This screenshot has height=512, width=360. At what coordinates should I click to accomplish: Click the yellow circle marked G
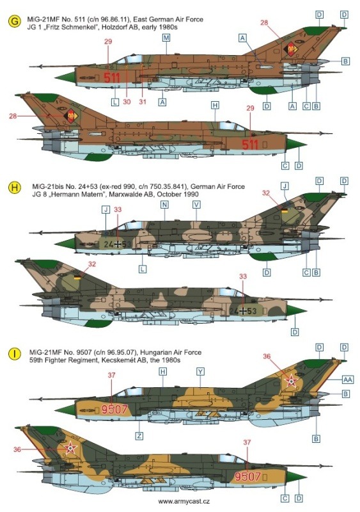14,22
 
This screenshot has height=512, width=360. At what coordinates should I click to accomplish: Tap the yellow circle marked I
15,354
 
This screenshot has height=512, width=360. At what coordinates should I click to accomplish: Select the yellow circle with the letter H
15,188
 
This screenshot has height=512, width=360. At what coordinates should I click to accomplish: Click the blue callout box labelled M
166,38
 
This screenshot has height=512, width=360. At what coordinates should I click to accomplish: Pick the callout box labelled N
164,205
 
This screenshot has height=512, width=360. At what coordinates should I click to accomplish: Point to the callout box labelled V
196,205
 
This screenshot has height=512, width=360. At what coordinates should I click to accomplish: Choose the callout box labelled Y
200,372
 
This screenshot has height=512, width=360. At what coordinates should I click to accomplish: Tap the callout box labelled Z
139,436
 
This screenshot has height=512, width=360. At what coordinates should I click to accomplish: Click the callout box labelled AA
348,380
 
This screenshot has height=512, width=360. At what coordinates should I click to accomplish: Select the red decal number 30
127,102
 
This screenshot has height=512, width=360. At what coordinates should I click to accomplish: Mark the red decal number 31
143,102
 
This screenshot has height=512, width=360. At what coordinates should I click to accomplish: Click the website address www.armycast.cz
184,502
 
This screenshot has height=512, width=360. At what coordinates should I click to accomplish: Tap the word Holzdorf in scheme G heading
114,27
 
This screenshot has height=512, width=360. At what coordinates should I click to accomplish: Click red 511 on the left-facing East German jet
112,77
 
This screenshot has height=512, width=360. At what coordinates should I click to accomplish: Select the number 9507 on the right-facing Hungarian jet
247,476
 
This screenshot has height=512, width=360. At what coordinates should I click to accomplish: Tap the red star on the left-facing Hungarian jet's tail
291,381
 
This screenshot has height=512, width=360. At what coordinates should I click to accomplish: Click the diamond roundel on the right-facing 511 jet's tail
70,116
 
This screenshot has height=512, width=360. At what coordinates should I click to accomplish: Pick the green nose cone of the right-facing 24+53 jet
296,310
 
